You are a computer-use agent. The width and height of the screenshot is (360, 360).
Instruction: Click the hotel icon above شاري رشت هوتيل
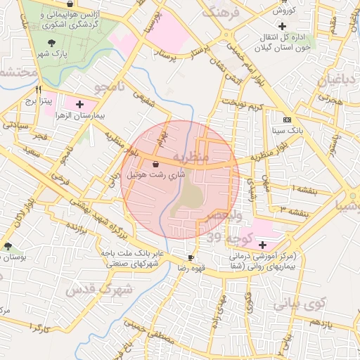pyautogui.click(x=155, y=163)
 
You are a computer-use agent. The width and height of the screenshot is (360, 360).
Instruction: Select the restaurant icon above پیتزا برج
pyautogui.click(x=39, y=90)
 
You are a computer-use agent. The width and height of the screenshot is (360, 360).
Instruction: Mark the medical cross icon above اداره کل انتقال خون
pyautogui.click(x=281, y=26)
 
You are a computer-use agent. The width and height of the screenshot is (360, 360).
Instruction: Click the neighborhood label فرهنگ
pyautogui.click(x=220, y=12)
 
